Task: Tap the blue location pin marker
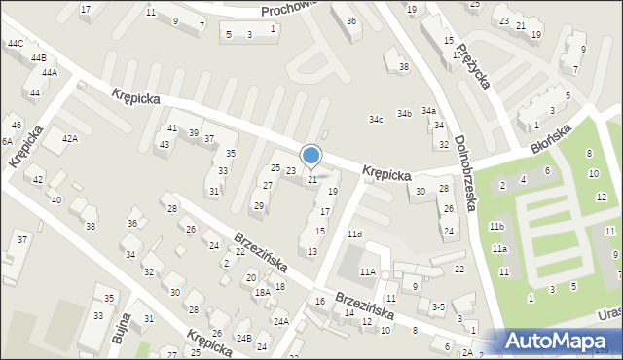(311, 157)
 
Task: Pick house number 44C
(16, 44)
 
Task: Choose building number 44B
(38, 58)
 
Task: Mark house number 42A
(69, 139)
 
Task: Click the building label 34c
(376, 120)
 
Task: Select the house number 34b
(404, 114)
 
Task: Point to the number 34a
(428, 111)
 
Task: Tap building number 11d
(355, 234)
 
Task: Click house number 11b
(497, 227)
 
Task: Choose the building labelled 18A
(262, 292)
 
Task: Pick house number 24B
(244, 338)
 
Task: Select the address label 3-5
(438, 306)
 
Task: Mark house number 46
(16, 126)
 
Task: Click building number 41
(172, 128)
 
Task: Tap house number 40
(56, 199)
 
